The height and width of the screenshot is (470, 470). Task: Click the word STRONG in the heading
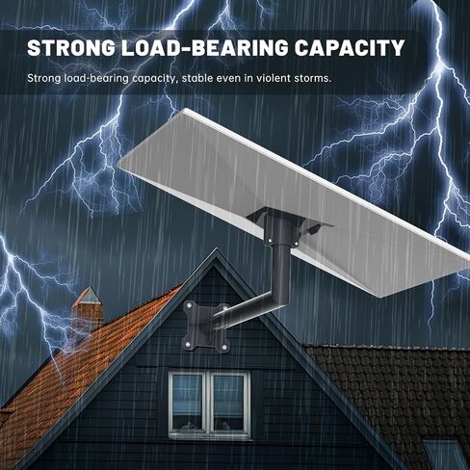71,48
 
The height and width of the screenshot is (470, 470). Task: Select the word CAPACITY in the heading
350,48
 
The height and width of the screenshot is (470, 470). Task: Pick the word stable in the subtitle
196,78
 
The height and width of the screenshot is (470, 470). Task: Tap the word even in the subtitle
229,79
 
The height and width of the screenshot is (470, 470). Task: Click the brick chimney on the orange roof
88,308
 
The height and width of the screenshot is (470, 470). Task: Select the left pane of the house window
188,403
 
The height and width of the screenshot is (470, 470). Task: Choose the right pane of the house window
229,403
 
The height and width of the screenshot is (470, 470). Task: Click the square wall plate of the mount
200,326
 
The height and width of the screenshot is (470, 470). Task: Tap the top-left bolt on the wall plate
189,305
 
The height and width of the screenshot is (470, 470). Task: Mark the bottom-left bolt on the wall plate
187,345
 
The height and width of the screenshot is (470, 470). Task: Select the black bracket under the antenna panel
286,224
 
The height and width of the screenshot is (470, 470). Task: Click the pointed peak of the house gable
216,250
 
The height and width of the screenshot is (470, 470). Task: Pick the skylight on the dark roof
445,455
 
